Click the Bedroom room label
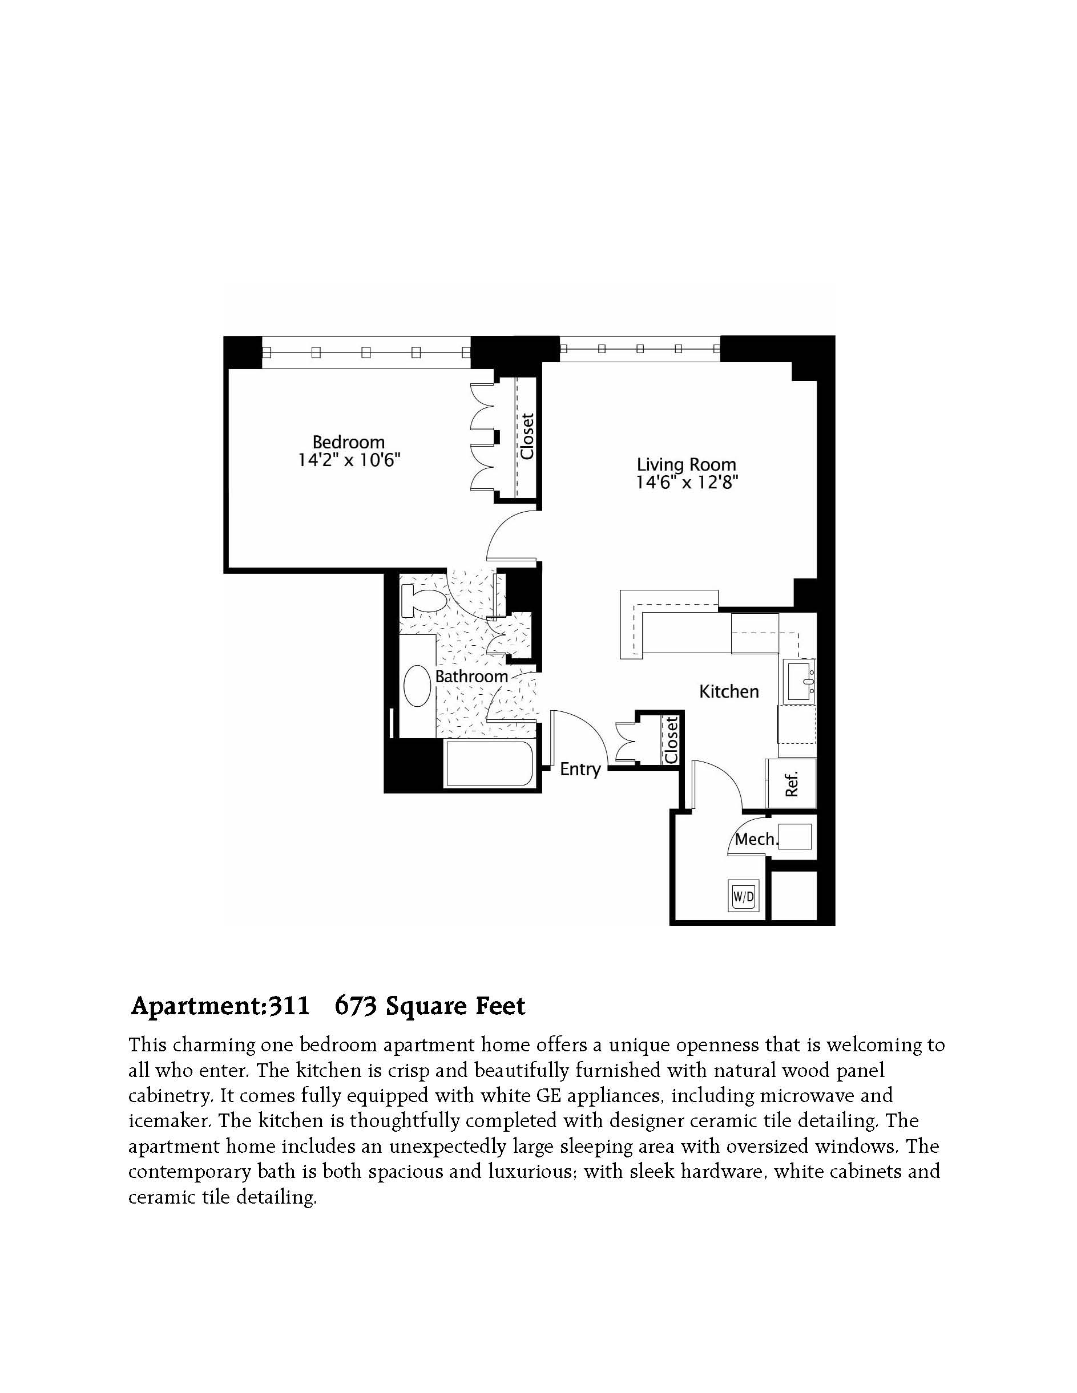click(348, 442)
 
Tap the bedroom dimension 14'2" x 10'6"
click(349, 460)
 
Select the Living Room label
click(687, 465)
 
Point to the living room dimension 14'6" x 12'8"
click(687, 482)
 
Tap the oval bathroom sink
click(417, 686)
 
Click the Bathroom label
click(471, 676)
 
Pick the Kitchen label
click(729, 691)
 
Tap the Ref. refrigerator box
click(791, 784)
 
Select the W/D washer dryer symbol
click(744, 896)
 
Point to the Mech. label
click(757, 839)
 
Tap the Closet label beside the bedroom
click(527, 436)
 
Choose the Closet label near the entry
click(671, 740)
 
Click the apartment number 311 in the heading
click(288, 1006)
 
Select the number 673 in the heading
click(356, 1006)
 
